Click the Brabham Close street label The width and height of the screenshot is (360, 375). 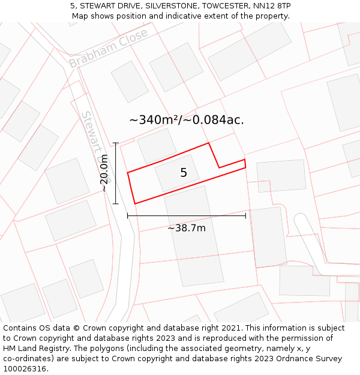[x=108, y=48]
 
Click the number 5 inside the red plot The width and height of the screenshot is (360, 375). [x=184, y=173]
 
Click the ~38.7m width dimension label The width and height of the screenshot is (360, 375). [x=186, y=228]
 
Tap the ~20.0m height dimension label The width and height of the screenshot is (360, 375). [x=104, y=173]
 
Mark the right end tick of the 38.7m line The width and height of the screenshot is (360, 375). [x=245, y=215]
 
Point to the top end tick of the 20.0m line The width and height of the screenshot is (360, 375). [x=116, y=143]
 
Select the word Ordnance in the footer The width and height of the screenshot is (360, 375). [x=277, y=359]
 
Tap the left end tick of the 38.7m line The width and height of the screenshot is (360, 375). [x=127, y=215]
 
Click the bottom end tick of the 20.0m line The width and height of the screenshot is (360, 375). [x=116, y=204]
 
